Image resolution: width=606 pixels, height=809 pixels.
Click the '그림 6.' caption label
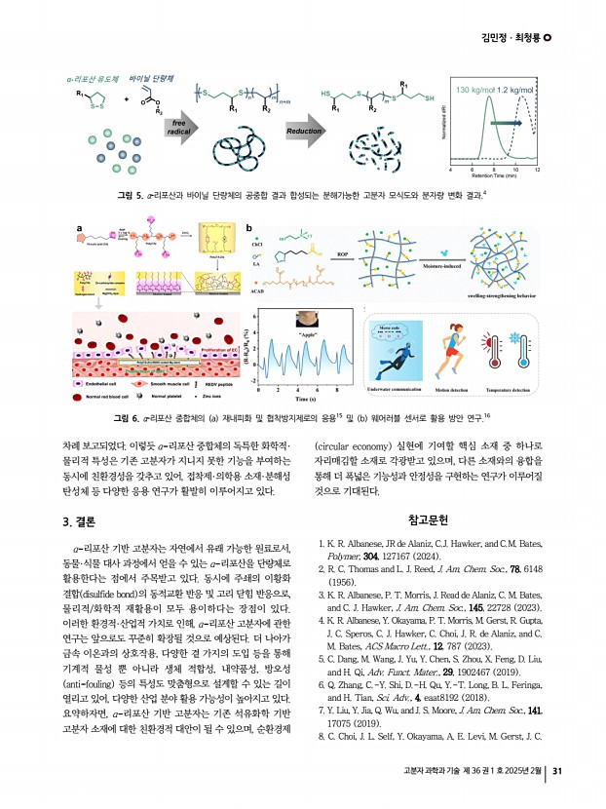pyautogui.click(x=128, y=418)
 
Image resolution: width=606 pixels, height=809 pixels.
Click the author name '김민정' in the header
pyautogui.click(x=497, y=37)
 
